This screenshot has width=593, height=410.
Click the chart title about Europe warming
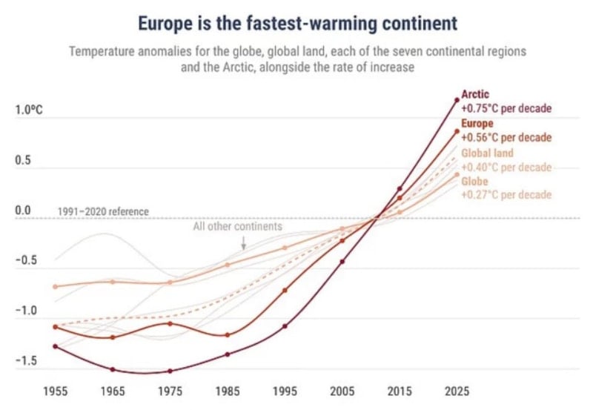pos(296,24)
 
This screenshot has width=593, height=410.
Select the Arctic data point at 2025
pos(457,99)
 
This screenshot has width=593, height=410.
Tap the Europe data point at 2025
pos(457,131)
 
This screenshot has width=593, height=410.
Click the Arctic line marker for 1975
pos(170,371)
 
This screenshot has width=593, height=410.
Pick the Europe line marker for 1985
pos(228,335)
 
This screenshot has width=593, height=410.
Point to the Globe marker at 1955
pos(55,286)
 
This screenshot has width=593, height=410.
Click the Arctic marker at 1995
pos(285,325)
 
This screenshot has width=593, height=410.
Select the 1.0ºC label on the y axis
pos(29,110)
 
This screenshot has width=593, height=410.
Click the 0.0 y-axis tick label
pos(24,211)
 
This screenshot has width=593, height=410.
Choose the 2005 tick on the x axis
pos(342,389)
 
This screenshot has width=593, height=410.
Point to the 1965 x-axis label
pos(113,389)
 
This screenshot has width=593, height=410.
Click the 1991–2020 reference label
pos(103,212)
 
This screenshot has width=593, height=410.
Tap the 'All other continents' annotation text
pos(237,226)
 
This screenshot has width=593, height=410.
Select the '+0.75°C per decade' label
pos(506,108)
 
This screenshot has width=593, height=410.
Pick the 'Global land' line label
pos(487,153)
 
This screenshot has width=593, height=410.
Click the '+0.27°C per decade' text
pos(506,195)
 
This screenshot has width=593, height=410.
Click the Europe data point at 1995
pos(285,290)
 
